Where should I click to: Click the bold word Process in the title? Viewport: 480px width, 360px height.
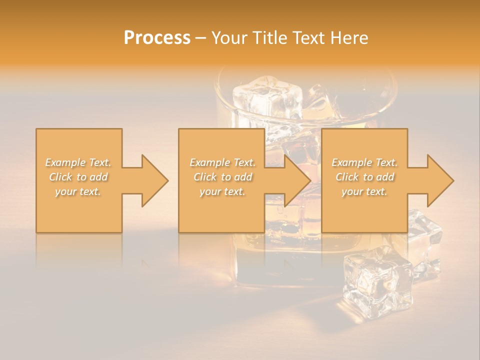coord(157,38)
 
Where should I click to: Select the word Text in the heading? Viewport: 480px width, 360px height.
coord(309,38)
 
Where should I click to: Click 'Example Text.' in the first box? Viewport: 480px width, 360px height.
coord(78,162)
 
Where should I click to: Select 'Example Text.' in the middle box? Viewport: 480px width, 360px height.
coord(222,162)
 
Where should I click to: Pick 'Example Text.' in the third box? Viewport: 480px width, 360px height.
coord(364,162)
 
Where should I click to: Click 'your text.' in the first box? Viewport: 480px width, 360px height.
coord(78,191)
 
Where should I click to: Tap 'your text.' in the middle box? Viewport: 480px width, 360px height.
coord(222,191)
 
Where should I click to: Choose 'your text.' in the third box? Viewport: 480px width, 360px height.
coord(364,191)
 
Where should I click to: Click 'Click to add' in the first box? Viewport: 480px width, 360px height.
coord(78,177)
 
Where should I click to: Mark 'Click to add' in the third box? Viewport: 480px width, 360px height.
coord(364,177)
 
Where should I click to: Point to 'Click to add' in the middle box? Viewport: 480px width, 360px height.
coord(222,177)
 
